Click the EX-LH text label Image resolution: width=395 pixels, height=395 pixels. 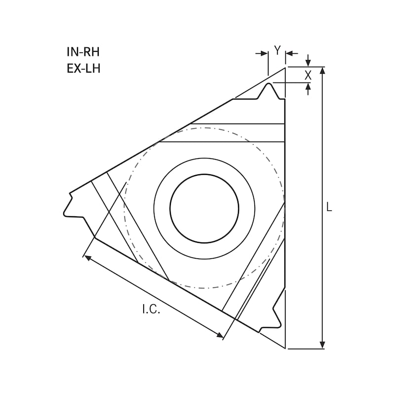[x=83, y=68]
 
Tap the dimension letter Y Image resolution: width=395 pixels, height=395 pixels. [x=277, y=50]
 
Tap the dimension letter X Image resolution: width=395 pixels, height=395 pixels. [x=308, y=75]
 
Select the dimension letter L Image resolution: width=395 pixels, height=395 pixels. [x=329, y=207]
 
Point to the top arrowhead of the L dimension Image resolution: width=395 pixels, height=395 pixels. [x=322, y=70]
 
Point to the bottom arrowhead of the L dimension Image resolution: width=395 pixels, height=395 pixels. [x=322, y=345]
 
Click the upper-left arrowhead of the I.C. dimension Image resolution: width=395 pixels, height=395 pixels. [x=87, y=257]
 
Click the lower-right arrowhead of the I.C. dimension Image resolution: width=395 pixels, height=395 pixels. [x=220, y=336]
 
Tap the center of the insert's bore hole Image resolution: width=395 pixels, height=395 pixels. [x=204, y=208]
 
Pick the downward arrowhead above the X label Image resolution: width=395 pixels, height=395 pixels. [x=309, y=63]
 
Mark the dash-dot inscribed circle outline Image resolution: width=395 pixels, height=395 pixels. [x=204, y=128]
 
